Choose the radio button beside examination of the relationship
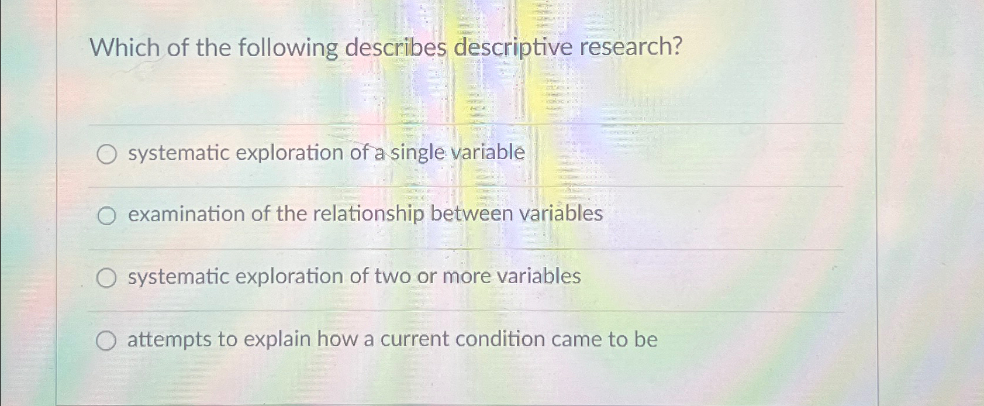tap(106, 216)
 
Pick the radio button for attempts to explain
tap(106, 341)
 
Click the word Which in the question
tap(125, 47)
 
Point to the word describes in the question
tap(395, 47)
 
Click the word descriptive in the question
tap(513, 47)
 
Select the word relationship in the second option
tap(368, 215)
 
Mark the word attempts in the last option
tap(169, 340)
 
